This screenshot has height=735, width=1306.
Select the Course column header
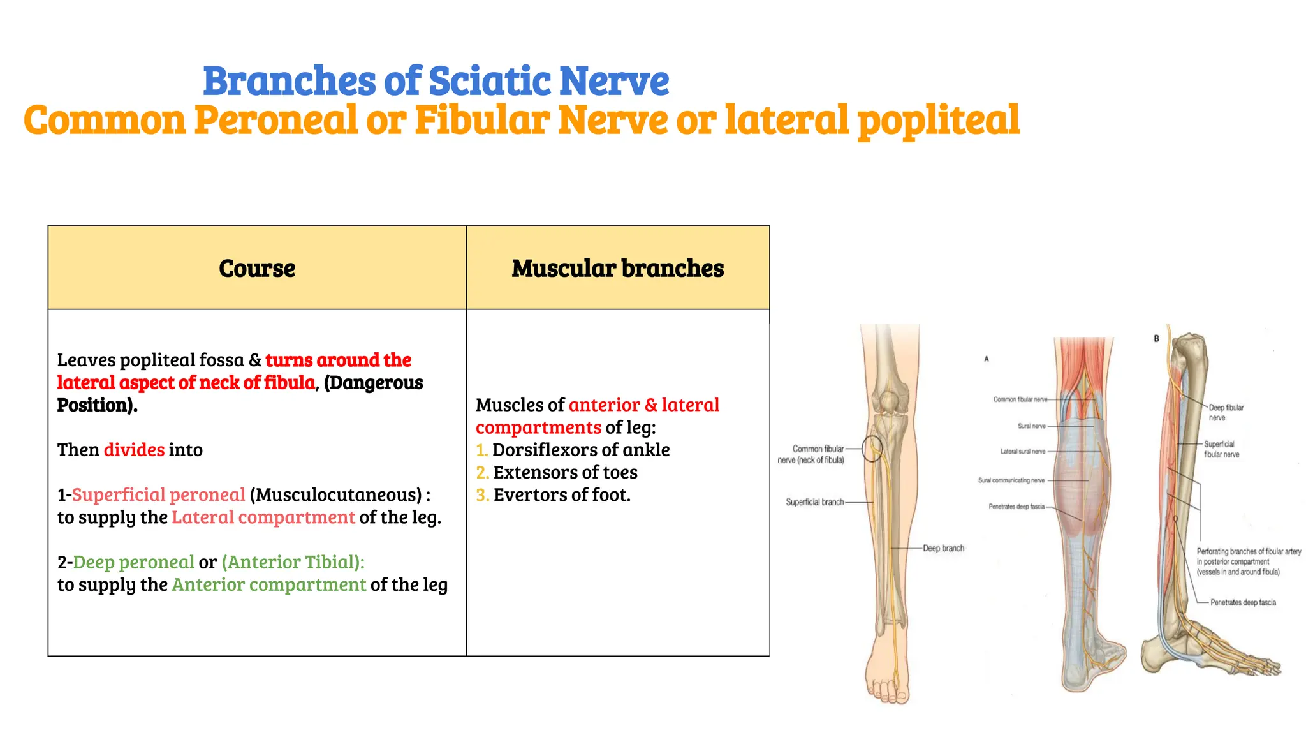pyautogui.click(x=257, y=269)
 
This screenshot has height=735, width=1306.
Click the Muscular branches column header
pyautogui.click(x=617, y=269)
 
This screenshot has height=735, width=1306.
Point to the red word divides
pyautogui.click(x=134, y=450)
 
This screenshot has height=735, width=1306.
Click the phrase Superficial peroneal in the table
pyautogui.click(x=158, y=495)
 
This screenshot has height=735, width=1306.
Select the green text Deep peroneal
pyautogui.click(x=133, y=562)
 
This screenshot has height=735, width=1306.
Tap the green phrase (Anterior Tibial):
pyautogui.click(x=293, y=562)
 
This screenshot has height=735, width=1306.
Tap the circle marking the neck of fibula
pyautogui.click(x=872, y=449)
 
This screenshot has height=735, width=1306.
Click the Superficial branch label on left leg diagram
pyautogui.click(x=814, y=502)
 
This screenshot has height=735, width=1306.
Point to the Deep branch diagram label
pyautogui.click(x=943, y=548)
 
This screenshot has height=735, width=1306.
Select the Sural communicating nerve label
pyautogui.click(x=1011, y=480)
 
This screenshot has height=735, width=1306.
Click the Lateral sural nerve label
pyautogui.click(x=1023, y=451)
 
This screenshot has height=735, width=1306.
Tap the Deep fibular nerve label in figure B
pyautogui.click(x=1226, y=412)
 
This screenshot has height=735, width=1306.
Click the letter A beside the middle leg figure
pyautogui.click(x=987, y=359)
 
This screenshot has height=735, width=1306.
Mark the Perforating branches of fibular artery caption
pyautogui.click(x=1248, y=561)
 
